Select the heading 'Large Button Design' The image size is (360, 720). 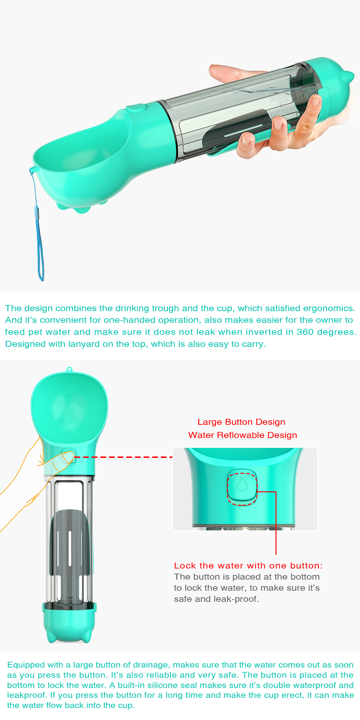[x=241, y=422]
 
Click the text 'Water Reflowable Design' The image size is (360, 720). [x=242, y=435]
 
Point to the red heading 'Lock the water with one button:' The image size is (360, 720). [x=248, y=565]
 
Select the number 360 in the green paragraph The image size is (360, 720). [x=305, y=332]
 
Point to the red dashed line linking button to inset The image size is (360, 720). [x=123, y=457]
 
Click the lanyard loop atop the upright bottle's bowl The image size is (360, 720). [x=69, y=369]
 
